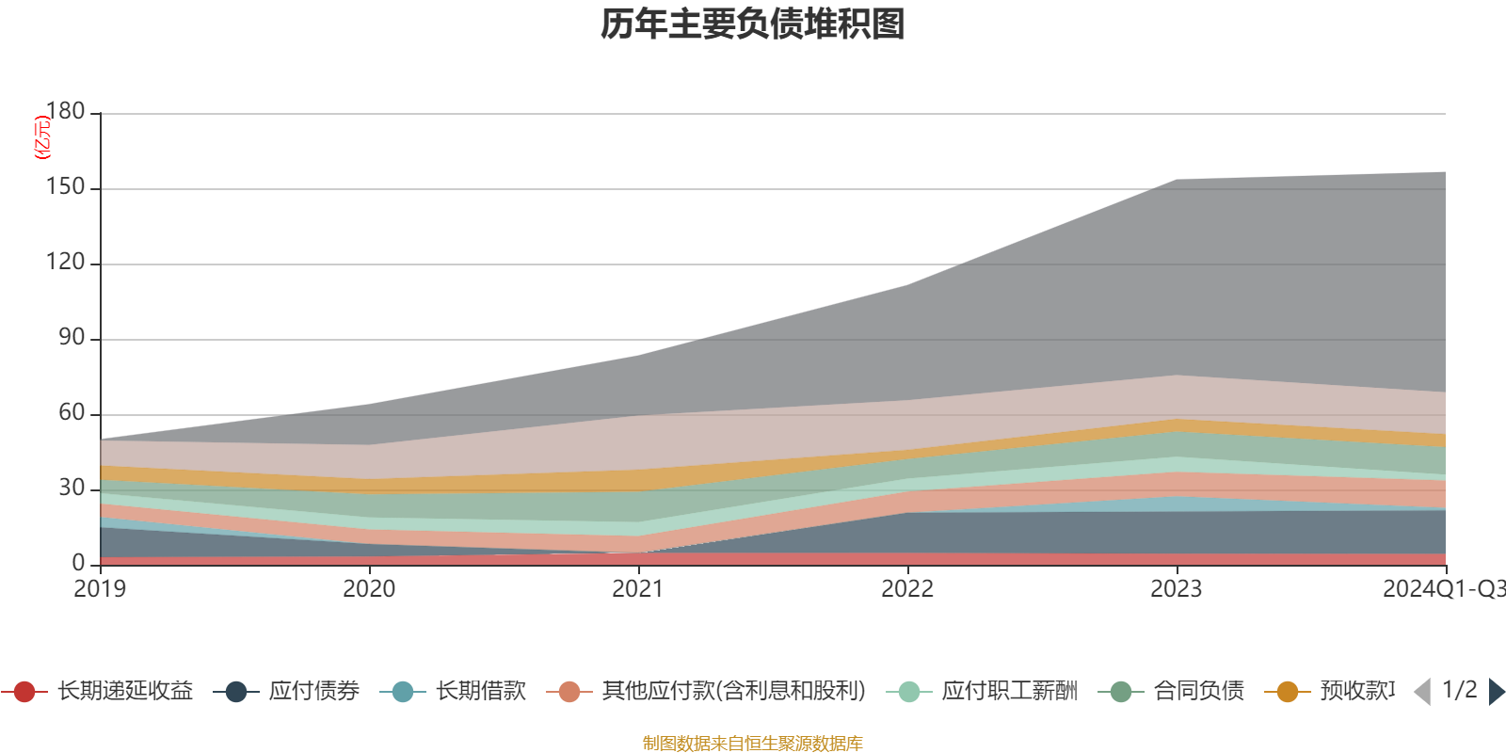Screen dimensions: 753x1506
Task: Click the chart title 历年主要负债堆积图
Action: click(753, 25)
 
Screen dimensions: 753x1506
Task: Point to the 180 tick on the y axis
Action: click(65, 111)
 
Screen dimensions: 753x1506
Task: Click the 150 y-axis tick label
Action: click(65, 187)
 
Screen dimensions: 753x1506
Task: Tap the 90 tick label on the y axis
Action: click(71, 338)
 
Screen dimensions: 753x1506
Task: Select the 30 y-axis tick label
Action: click(71, 489)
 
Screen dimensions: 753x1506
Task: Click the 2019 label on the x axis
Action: click(100, 589)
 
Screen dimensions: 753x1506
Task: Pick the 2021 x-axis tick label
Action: click(638, 589)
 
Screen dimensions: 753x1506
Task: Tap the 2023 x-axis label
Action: click(1177, 589)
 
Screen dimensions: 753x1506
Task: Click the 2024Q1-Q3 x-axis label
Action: click(1442, 589)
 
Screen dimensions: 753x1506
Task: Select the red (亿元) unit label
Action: click(41, 137)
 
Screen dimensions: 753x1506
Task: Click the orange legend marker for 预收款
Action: click(1287, 692)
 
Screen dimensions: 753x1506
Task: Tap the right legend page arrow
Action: click(1496, 692)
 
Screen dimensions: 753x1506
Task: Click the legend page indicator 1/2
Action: click(1459, 690)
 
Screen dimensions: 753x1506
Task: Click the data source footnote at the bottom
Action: click(753, 744)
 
